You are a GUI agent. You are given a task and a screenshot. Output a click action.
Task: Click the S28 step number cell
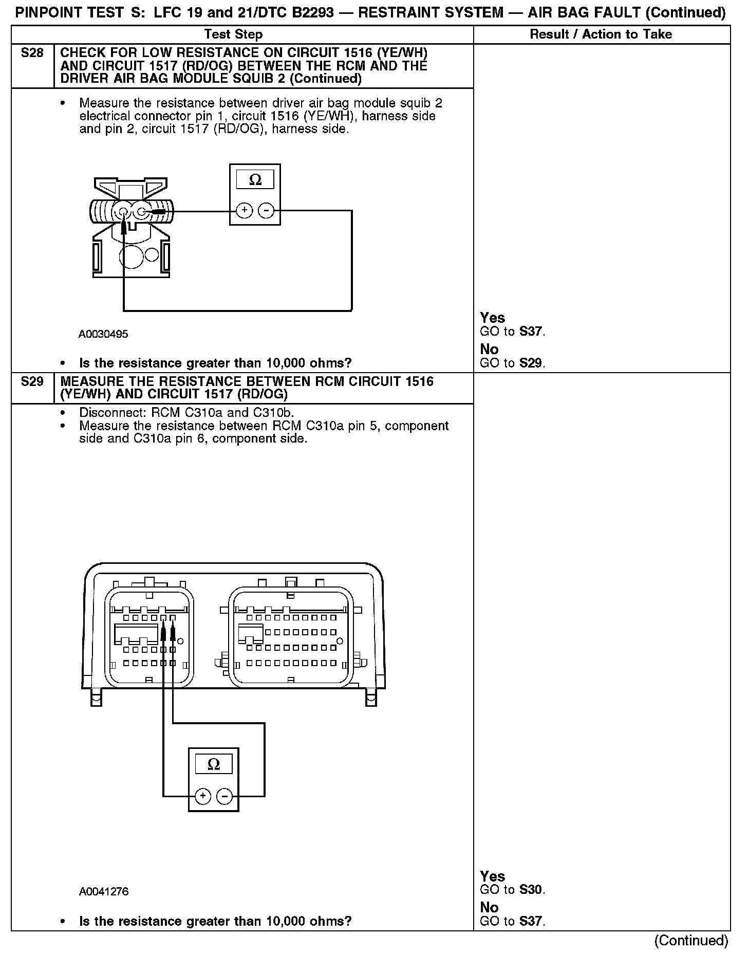[32, 53]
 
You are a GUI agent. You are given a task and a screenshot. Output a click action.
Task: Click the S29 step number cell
[32, 382]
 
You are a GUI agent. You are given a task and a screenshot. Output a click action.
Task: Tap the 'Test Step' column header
[233, 34]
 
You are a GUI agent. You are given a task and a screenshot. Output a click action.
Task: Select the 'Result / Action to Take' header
[601, 34]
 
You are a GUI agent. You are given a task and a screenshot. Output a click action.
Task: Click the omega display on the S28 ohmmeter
[255, 180]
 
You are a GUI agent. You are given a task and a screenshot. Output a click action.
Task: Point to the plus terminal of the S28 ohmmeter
[245, 210]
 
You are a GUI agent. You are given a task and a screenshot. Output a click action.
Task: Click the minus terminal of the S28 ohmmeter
[266, 210]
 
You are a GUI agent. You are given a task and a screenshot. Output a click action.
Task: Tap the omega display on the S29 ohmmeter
[214, 765]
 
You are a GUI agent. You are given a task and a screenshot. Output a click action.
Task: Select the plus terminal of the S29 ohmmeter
[203, 796]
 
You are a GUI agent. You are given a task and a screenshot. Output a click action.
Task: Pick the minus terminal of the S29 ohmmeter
[225, 796]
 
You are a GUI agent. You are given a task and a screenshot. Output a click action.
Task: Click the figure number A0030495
[103, 335]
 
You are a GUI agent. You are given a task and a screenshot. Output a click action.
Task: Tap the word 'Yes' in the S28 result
[492, 318]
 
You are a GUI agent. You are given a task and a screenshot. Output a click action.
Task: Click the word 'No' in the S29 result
[489, 907]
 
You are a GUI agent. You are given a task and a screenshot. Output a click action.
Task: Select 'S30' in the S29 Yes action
[531, 890]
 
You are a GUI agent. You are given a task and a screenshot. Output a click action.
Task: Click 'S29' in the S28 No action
[531, 363]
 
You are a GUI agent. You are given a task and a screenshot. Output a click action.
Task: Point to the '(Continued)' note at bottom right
[691, 940]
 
